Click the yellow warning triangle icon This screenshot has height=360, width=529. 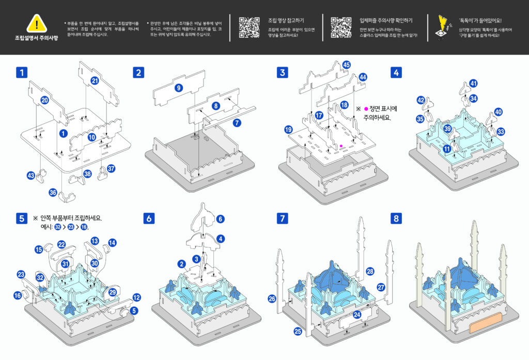36,23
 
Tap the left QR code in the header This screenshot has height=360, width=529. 249,27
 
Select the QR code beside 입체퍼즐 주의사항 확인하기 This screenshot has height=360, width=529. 340,27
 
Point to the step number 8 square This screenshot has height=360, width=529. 396,218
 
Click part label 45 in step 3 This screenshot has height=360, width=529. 347,65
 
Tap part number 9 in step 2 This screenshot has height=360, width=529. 179,88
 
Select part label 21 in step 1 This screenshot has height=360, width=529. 95,81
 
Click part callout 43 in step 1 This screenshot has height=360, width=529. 31,176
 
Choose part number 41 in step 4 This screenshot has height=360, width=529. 474,84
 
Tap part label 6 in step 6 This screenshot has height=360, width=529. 221,219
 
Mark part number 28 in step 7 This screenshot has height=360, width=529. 369,271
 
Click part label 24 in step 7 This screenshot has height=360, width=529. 357,314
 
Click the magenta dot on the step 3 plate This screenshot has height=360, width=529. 341,146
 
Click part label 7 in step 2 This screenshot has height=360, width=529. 237,123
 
